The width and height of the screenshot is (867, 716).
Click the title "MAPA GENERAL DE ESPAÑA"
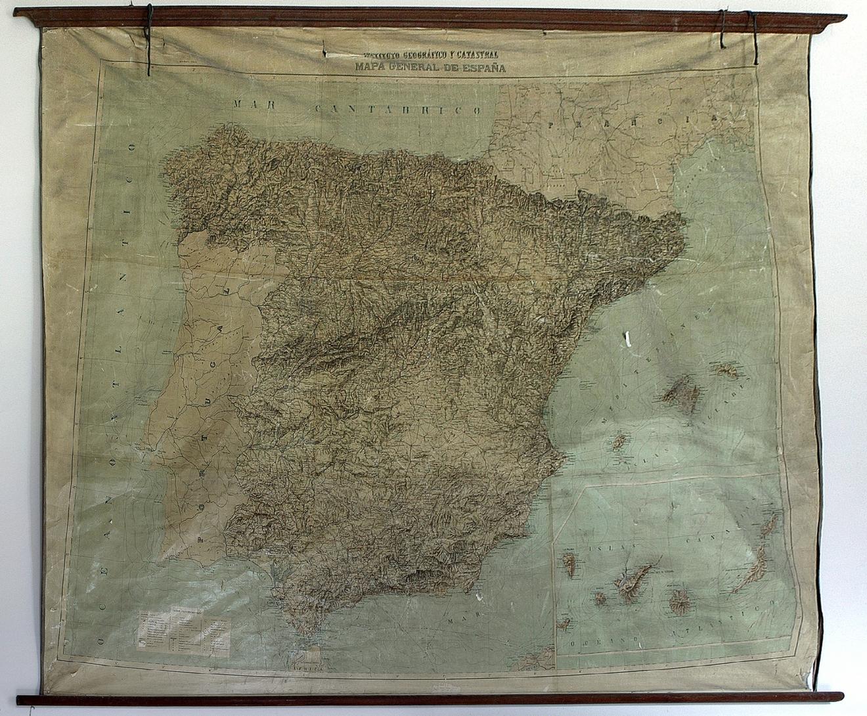pyautogui.click(x=430, y=66)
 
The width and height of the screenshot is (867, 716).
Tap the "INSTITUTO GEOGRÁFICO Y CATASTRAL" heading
pyautogui.click(x=430, y=55)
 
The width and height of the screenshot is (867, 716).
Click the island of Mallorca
pyautogui.click(x=682, y=396)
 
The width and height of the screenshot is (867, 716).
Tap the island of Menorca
pyautogui.click(x=726, y=370)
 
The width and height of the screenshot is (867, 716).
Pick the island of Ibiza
pyautogui.click(x=618, y=442)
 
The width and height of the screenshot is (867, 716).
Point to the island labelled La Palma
pyautogui.click(x=569, y=564)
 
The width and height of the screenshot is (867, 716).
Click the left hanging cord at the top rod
pyautogui.click(x=150, y=39)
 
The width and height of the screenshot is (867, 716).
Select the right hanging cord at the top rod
pyautogui.click(x=754, y=36)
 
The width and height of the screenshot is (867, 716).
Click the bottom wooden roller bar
pyautogui.click(x=430, y=698)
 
